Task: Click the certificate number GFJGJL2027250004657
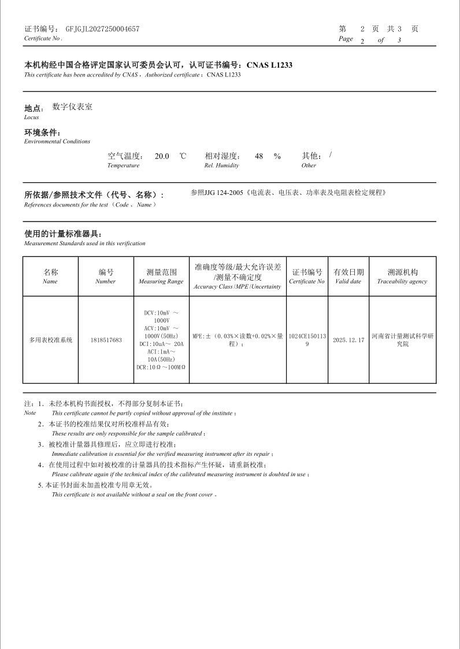point(102,29)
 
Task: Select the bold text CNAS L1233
point(269,65)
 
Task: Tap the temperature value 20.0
point(162,156)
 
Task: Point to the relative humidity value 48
point(259,156)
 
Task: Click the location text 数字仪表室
point(72,107)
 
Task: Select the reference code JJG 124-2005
point(225,193)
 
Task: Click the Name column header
point(50,276)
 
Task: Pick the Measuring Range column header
point(161,276)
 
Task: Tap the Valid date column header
point(348,276)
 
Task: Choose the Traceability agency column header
point(402,276)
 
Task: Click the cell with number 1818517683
point(106,340)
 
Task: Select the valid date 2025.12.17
point(348,340)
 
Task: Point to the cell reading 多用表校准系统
point(51,340)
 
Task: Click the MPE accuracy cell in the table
point(238,340)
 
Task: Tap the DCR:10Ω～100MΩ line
point(161,367)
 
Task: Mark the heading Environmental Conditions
point(57,141)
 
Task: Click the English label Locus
point(31,117)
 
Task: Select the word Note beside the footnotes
point(29,413)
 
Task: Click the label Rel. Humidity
point(221,165)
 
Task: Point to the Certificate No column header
point(307,276)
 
